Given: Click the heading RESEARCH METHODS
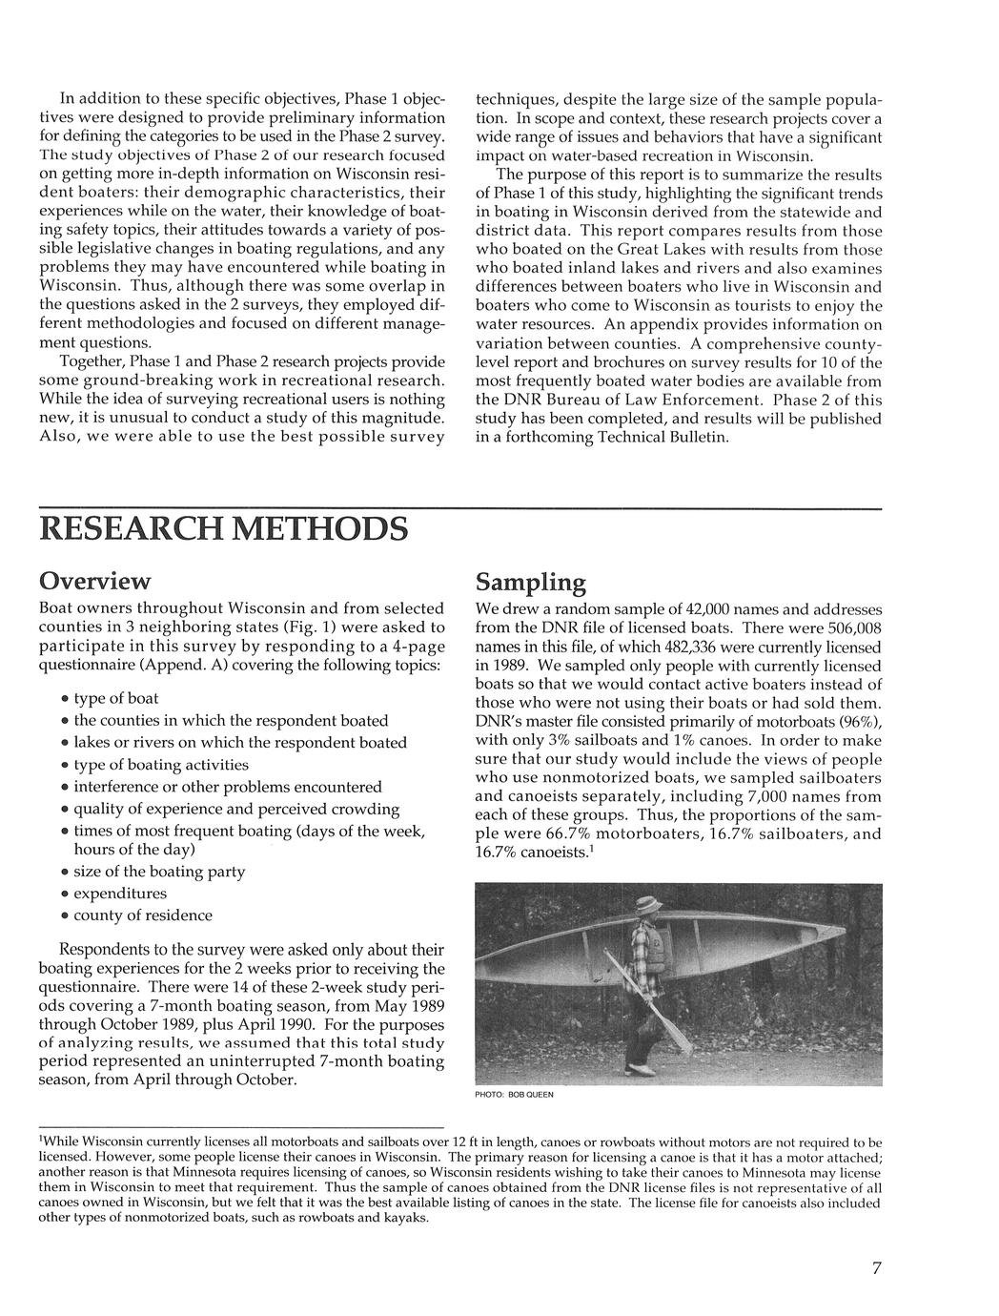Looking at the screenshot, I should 223,528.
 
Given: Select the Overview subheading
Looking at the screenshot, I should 94,581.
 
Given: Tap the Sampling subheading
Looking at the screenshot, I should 530,583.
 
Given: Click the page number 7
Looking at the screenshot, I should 876,1267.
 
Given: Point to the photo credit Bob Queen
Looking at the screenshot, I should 514,1095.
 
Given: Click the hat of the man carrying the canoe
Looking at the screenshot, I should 650,904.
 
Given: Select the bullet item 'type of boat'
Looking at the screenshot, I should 116,698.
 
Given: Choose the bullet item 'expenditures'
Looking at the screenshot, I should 120,894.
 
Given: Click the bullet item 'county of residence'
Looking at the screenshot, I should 143,915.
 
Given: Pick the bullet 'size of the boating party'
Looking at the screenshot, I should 159,872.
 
